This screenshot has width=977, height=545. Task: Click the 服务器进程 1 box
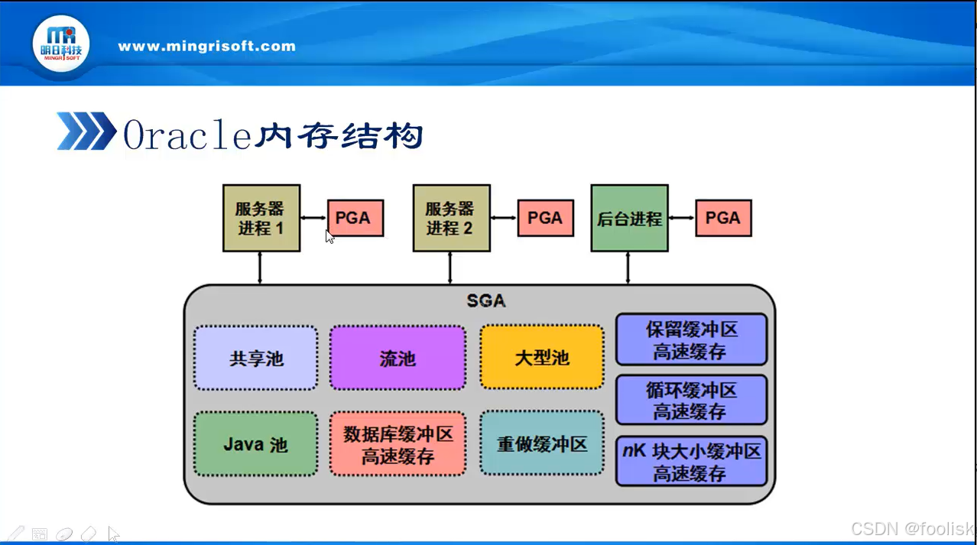click(x=261, y=218)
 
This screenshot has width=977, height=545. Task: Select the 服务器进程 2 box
click(x=451, y=218)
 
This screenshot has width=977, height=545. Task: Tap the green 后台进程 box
click(x=629, y=218)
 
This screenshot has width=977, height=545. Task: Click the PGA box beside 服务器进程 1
click(x=355, y=218)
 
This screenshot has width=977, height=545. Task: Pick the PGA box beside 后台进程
click(x=722, y=218)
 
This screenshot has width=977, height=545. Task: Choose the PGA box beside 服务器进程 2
click(x=545, y=218)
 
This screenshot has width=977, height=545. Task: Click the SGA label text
click(x=486, y=300)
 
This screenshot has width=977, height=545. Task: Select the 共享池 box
click(x=255, y=358)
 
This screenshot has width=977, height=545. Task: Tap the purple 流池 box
click(x=398, y=358)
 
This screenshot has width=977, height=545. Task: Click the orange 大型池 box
click(x=541, y=358)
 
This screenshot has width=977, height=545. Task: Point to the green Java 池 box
click(x=255, y=443)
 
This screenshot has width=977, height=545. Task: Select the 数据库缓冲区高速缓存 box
click(x=398, y=444)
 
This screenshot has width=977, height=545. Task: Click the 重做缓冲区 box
click(x=541, y=443)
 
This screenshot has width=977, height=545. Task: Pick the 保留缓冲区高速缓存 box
click(x=690, y=339)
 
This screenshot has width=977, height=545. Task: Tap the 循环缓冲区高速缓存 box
click(x=690, y=400)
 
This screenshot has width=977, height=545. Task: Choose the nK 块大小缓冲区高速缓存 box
click(x=690, y=461)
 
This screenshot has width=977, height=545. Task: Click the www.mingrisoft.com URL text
click(x=206, y=46)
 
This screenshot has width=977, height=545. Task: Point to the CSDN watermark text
click(x=911, y=529)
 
